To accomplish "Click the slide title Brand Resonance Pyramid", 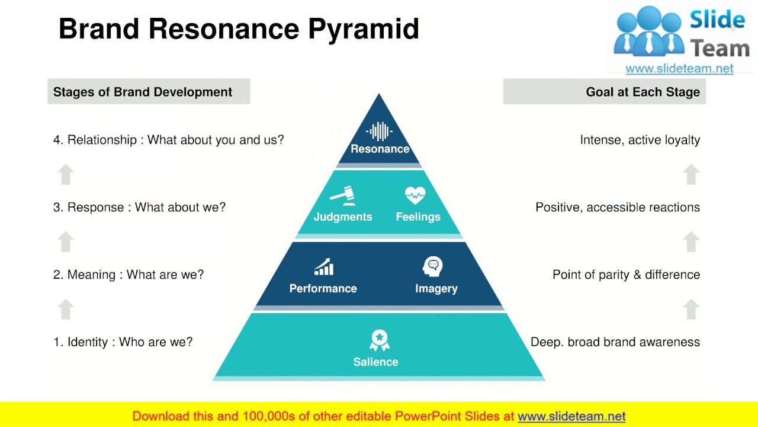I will pos(239,29).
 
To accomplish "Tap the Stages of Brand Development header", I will pos(143,92).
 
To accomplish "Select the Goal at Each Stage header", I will pos(643,92).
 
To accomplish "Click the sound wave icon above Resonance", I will pos(379,131).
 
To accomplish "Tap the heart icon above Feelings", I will pos(415,195).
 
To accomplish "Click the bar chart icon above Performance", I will pos(323,267).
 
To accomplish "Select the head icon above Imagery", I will pos(433,267).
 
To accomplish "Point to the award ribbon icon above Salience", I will pos(380,340).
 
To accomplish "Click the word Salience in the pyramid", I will pos(375,362).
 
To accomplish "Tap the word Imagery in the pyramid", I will pos(436,289).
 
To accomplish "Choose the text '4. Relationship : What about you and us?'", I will pos(168,140).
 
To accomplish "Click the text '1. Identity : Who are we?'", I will pos(123,342).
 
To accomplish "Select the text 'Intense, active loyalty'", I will pos(640,140).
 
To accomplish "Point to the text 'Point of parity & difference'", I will pos(626,275).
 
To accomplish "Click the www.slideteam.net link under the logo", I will pos(679,68).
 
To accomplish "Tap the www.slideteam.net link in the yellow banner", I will pos(571,416).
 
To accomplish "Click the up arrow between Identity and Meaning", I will pos(66,309).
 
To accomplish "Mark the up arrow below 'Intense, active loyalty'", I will pos(690,174).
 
